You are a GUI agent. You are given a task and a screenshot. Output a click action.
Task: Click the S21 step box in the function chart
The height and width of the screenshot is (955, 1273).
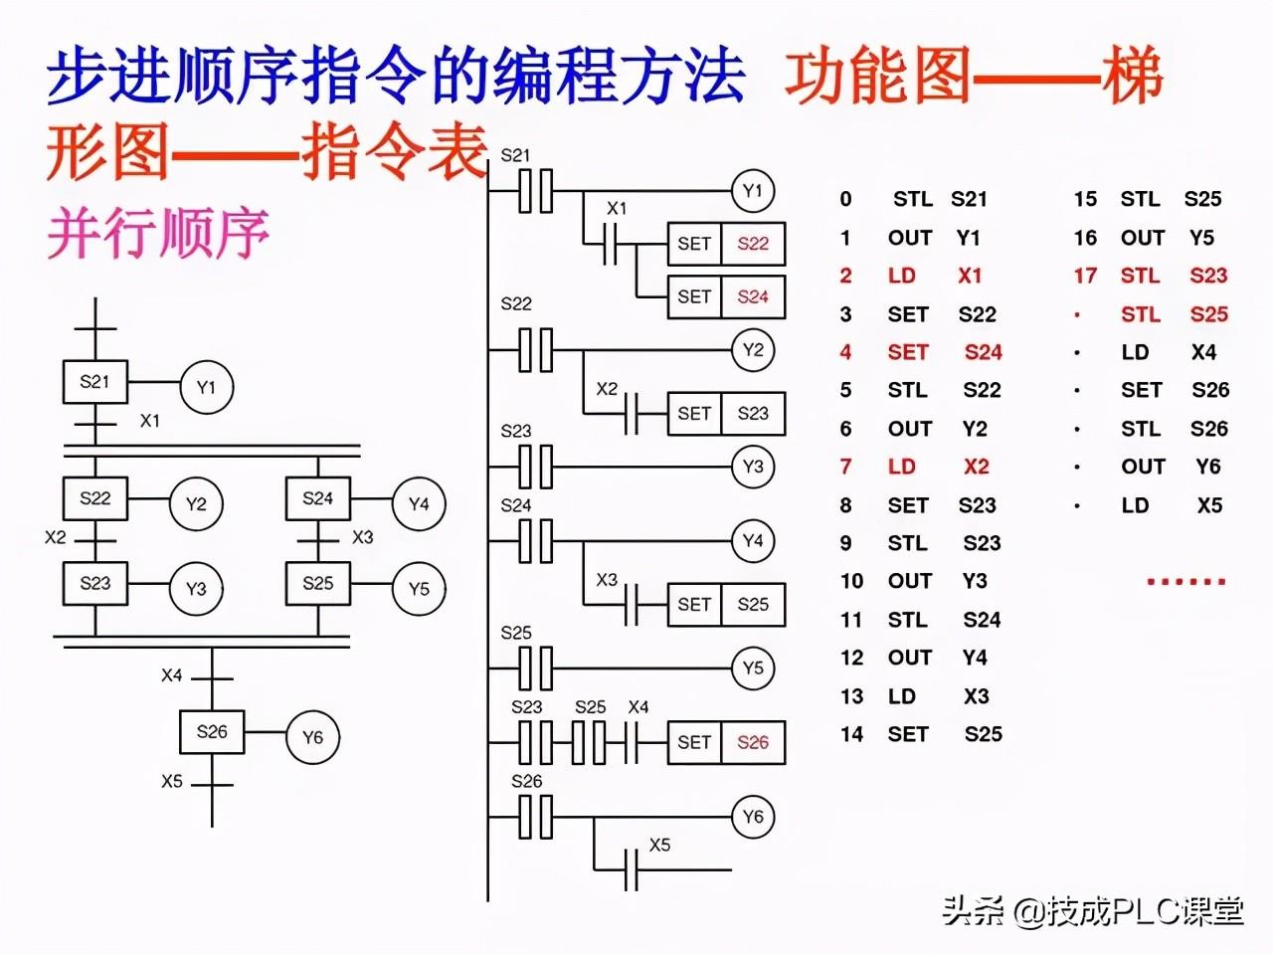[95, 382]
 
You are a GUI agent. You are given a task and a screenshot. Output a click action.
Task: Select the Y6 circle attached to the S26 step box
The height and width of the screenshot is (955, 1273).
[312, 737]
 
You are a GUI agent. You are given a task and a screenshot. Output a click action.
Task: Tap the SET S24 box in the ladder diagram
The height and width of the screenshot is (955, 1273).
[725, 296]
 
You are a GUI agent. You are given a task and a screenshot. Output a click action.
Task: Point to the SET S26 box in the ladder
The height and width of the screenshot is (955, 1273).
[725, 742]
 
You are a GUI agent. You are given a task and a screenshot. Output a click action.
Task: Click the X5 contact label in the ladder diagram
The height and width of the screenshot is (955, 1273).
[659, 845]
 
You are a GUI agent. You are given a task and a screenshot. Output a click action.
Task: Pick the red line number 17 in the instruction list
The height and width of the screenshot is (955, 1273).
[1085, 276]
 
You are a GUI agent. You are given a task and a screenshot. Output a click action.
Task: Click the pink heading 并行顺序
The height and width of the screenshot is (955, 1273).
[158, 234]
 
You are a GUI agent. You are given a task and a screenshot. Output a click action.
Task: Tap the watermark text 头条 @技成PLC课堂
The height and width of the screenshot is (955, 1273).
[1092, 909]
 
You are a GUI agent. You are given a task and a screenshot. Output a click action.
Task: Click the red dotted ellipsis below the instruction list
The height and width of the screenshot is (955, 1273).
[1185, 581]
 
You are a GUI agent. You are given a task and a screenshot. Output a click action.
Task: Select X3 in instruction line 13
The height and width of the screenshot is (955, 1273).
[976, 696]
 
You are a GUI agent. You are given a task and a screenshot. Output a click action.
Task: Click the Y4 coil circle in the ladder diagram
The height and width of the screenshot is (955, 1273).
[753, 541]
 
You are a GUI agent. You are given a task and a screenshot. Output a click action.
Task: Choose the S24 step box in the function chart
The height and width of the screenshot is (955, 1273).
[318, 498]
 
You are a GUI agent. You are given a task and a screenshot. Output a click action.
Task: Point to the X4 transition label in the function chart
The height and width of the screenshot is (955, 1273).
[172, 675]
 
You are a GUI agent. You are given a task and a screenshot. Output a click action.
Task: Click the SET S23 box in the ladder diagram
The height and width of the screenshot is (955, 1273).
[725, 413]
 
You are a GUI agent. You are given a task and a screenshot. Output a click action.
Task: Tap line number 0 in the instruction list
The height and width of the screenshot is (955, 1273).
[845, 199]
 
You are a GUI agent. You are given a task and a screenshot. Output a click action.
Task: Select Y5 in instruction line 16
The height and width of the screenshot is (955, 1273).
[1201, 238]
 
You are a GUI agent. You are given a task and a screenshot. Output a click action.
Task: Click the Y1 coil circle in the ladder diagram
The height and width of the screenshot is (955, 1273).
[753, 191]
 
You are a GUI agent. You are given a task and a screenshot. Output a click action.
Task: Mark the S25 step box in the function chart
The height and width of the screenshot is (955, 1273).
[318, 584]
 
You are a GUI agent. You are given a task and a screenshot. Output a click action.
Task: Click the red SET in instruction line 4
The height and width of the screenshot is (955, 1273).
[908, 352]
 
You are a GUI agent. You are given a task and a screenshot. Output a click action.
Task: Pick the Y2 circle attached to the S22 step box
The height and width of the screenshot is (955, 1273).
[196, 504]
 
